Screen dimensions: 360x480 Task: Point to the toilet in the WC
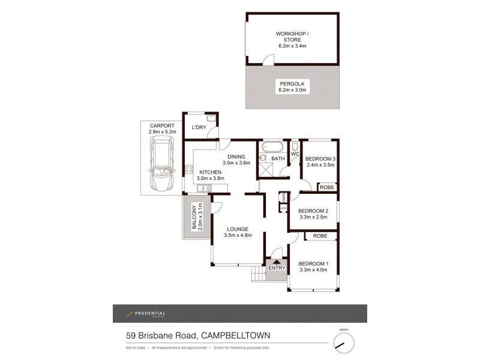coord(295,146)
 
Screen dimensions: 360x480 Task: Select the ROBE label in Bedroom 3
coord(326,187)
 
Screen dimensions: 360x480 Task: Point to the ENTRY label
coord(277,268)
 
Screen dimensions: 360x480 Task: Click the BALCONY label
coord(193,217)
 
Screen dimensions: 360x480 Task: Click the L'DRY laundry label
coord(199,128)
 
